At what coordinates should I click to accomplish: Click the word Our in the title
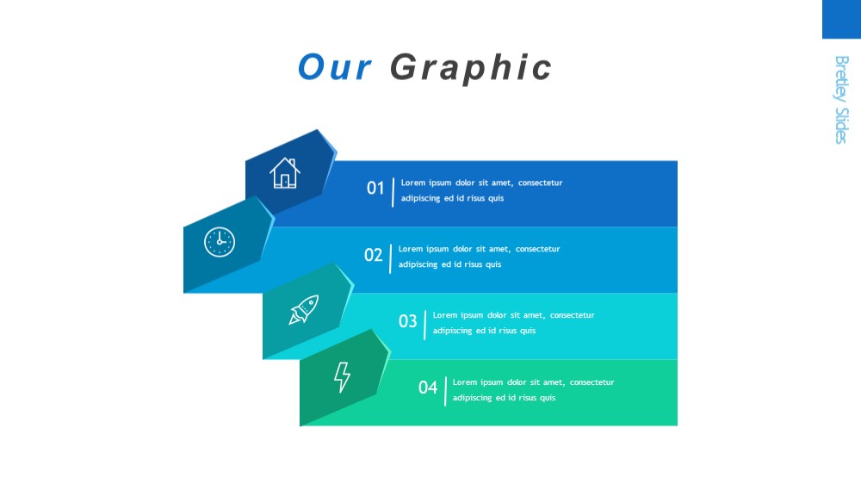pos(334,67)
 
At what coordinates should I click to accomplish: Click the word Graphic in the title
pos(471,69)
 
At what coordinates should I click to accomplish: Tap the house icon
pos(284,173)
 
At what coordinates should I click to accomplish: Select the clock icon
pos(220,242)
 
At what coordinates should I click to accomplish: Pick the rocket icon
pos(304,309)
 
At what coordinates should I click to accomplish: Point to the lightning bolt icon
pos(342,377)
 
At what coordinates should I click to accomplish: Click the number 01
pos(375,188)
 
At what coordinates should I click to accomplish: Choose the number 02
pos(373,255)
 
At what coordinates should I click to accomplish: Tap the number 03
pos(407,321)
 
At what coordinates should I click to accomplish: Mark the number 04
pos(428,388)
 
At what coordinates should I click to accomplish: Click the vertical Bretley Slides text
pos(841,99)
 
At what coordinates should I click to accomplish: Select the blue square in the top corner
pos(841,19)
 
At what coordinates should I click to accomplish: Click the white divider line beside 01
pos(393,192)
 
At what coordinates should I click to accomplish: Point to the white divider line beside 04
pos(445,391)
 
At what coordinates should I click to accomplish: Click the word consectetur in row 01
pos(541,183)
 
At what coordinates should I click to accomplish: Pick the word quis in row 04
pos(548,398)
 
